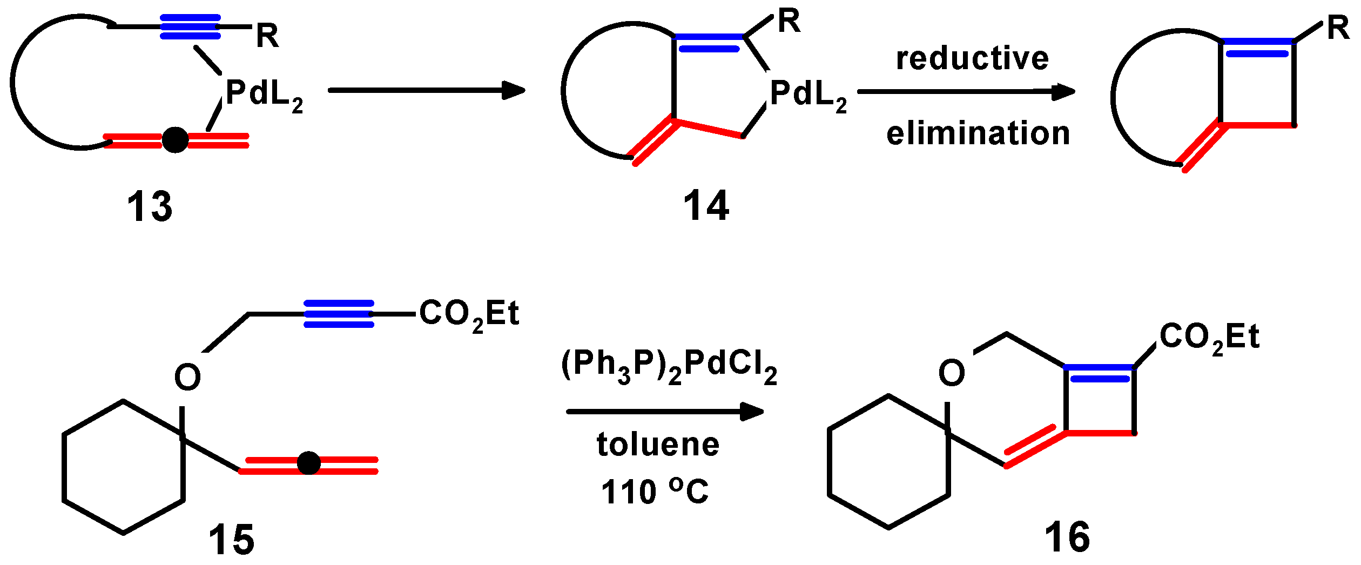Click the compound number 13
click(x=150, y=207)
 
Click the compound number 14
click(x=706, y=206)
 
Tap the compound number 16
click(x=1067, y=537)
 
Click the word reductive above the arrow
click(x=972, y=58)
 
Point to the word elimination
click(x=978, y=133)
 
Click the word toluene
click(x=658, y=445)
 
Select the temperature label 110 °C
click(x=655, y=492)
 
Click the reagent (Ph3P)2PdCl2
click(x=669, y=366)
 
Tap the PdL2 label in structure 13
click(x=264, y=94)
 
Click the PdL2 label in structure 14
click(x=808, y=94)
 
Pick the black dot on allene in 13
click(x=175, y=140)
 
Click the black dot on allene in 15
click(x=309, y=463)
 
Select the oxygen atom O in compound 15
click(x=187, y=378)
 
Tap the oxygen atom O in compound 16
click(x=952, y=373)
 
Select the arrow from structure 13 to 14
click(x=427, y=90)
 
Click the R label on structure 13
click(x=267, y=37)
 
